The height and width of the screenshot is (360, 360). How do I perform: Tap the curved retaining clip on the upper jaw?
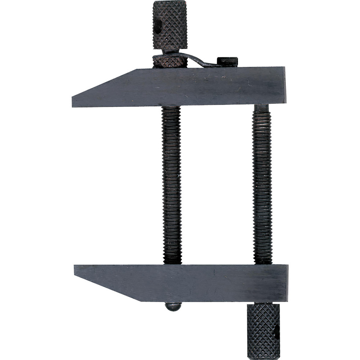click(x=194, y=59)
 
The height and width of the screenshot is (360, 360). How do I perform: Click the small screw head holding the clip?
click(x=227, y=61)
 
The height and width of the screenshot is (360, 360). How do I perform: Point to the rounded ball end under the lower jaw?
click(x=173, y=306)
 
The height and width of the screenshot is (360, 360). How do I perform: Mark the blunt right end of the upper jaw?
click(x=284, y=86)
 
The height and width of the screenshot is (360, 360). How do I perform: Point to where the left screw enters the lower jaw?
click(x=172, y=264)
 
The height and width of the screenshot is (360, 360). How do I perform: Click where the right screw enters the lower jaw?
click(x=263, y=264)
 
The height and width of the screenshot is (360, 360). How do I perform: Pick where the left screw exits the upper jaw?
click(x=171, y=108)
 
